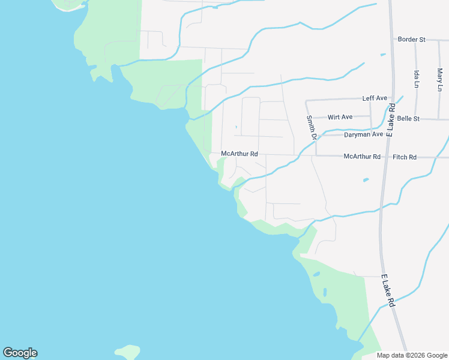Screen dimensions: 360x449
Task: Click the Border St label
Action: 411,40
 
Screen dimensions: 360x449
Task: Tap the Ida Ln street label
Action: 416,79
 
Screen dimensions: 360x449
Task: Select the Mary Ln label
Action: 440,79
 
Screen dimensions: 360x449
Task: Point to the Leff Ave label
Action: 375,98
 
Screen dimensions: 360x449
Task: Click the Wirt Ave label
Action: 340,117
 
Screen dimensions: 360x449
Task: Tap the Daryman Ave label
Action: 363,135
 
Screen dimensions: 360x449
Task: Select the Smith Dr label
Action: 310,128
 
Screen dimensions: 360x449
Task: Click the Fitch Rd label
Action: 405,157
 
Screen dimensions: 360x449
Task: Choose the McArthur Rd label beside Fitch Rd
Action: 362,157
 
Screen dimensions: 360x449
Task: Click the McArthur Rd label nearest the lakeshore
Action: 240,154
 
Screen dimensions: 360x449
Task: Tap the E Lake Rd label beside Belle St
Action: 391,120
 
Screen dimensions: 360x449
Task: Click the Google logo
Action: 20,353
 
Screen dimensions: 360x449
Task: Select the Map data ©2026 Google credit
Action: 412,355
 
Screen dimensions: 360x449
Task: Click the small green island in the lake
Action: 127,352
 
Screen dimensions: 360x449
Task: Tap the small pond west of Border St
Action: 383,55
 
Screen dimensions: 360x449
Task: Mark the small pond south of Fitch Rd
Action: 365,179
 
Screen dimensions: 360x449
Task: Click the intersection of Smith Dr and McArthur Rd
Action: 316,155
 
